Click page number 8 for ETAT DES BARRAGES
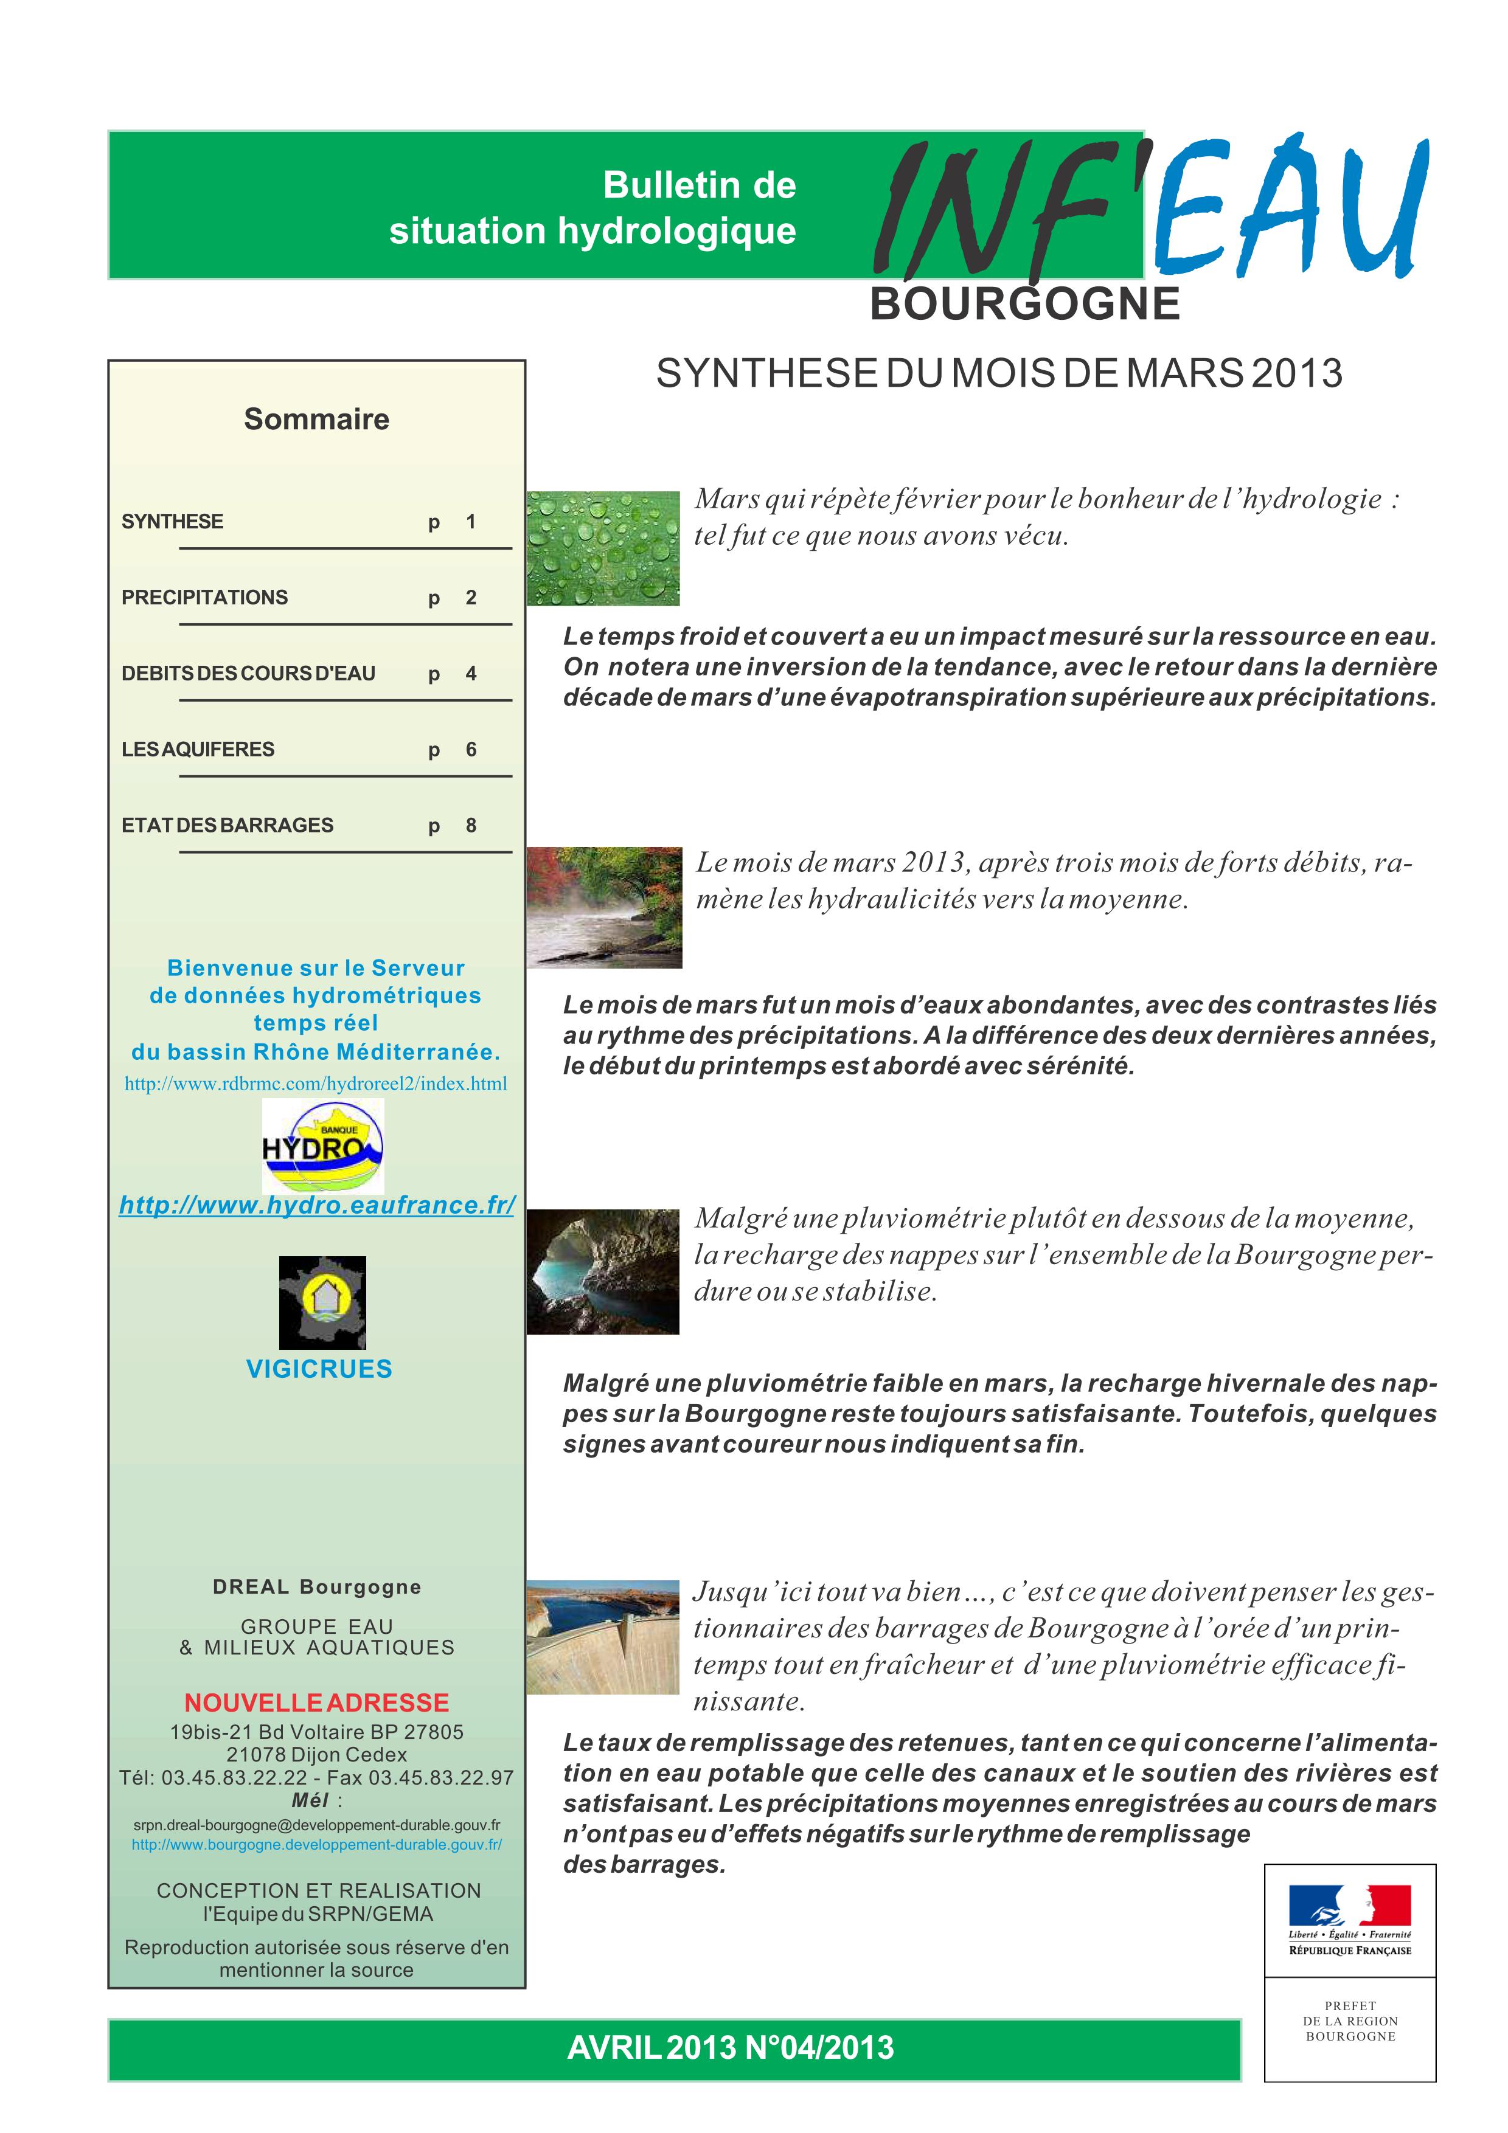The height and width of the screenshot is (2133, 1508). tap(471, 825)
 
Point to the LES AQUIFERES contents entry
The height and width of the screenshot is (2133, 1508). tap(198, 748)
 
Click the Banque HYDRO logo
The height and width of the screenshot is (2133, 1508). tap(322, 1146)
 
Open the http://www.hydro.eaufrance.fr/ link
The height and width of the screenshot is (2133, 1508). tap(317, 1205)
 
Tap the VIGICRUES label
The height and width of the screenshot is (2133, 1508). tap(319, 1369)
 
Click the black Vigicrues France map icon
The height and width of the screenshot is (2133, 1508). tap(322, 1302)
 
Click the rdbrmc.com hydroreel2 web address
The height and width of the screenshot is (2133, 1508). tap(316, 1084)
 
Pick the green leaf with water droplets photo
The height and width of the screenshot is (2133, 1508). tap(603, 548)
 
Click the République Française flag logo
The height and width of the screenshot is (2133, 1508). tap(1349, 1920)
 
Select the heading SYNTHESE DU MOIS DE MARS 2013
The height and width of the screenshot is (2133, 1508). tap(999, 373)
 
